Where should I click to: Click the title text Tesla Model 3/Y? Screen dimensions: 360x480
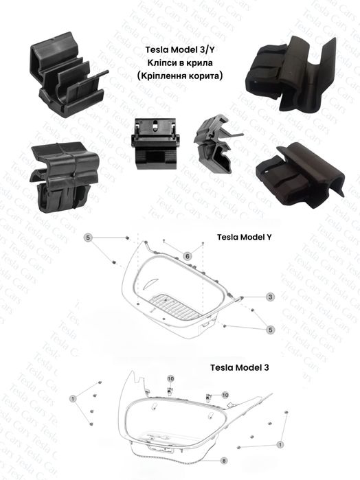coord(179,49)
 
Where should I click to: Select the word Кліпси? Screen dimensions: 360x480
coord(162,62)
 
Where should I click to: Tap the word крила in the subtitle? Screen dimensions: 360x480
coord(201,63)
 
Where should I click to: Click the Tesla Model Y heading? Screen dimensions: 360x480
coord(244,237)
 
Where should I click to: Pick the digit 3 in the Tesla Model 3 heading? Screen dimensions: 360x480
coord(266,367)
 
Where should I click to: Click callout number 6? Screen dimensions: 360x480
coord(188,256)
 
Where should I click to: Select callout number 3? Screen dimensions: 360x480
coord(270,297)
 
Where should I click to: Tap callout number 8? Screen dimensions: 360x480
coord(224,460)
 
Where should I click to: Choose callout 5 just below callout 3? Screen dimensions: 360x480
coord(270,330)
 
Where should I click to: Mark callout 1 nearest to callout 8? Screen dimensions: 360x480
coord(280,444)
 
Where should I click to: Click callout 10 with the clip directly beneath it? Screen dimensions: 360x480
coord(170,378)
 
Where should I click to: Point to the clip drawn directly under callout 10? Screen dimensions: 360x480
coord(170,390)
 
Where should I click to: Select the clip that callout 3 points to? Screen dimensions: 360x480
coord(241,297)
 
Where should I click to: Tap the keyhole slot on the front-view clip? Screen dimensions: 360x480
coord(155,124)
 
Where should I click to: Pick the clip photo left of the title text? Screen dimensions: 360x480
coord(69,75)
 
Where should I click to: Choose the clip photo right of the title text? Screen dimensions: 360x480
coord(293,73)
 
